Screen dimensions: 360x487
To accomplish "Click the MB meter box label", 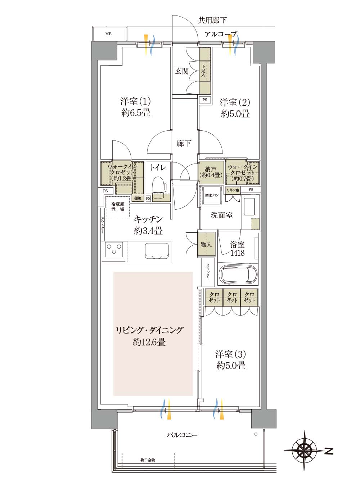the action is (x=108, y=34).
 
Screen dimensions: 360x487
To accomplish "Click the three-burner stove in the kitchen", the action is (x=114, y=249).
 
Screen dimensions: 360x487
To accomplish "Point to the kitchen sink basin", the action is (x=157, y=251).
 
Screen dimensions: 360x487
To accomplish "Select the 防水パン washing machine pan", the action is (x=212, y=195).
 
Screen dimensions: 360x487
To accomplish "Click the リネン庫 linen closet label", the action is (x=233, y=190).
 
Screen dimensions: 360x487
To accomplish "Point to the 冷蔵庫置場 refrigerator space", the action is (x=118, y=207).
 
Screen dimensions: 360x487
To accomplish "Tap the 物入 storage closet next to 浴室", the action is (x=206, y=244).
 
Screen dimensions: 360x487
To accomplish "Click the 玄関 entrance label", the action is (x=182, y=71).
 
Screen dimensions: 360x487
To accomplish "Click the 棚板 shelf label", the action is (x=138, y=198).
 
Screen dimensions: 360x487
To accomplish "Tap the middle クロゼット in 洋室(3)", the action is (x=232, y=297).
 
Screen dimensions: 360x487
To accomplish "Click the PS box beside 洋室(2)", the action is (x=205, y=100).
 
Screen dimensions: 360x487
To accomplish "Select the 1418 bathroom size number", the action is (x=237, y=253).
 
